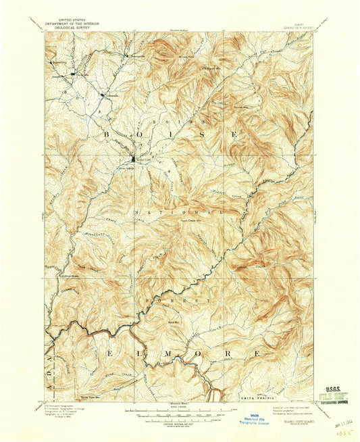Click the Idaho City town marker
coord(133,159)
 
